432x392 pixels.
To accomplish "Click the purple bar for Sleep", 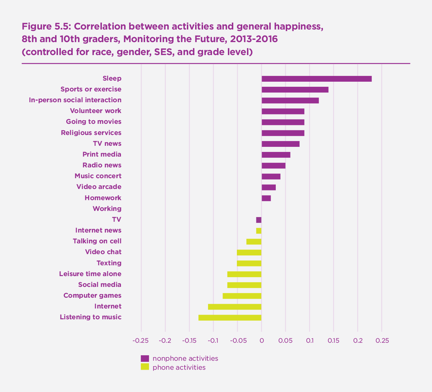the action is point(316,79).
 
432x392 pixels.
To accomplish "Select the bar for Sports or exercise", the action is point(295,90).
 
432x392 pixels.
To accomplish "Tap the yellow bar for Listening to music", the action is point(230,317).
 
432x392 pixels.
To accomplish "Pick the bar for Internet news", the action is point(259,231).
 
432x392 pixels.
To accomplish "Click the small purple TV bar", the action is point(259,220).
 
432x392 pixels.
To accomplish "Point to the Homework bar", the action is point(266,198).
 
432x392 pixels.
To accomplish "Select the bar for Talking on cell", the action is point(254,242).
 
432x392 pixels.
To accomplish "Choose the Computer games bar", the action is point(242,296).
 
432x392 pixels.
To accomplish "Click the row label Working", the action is point(107,209).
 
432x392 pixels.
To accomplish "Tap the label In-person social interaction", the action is point(75,100).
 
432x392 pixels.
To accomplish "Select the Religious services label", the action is point(91,133).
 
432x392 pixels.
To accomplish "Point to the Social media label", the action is point(100,285).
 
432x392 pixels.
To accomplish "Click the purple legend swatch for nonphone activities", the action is point(145,358).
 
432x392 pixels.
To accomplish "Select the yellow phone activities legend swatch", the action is point(145,367).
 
